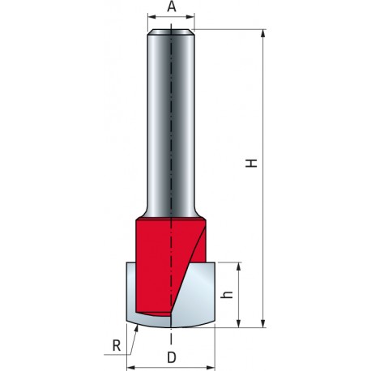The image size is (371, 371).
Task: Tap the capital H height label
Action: [253, 163]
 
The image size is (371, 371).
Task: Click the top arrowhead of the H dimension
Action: [264, 35]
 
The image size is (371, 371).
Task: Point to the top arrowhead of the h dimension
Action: [239, 267]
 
